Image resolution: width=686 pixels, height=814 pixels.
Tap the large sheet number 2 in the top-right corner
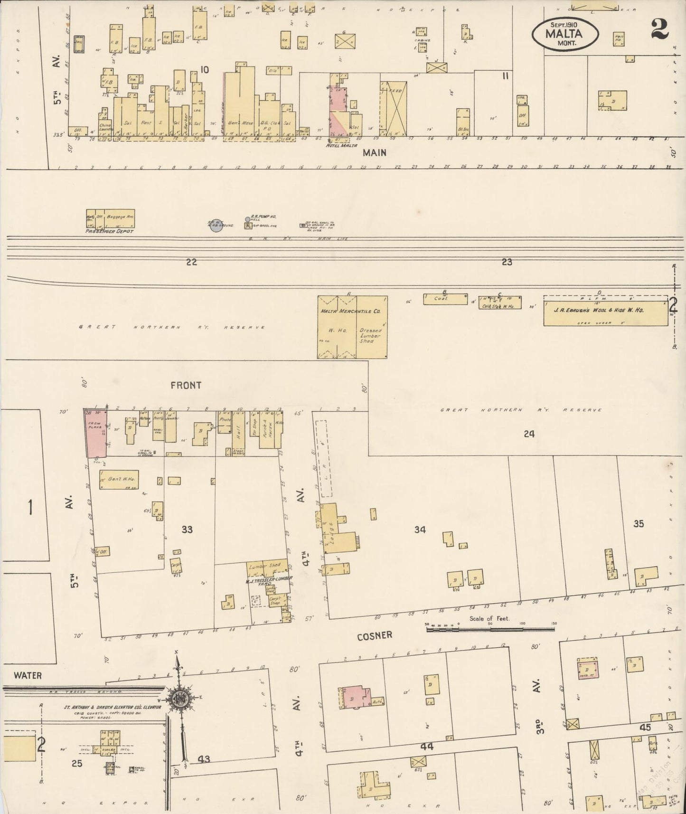659,29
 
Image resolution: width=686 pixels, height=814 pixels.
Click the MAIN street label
375,152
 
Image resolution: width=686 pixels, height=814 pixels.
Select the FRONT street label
186,385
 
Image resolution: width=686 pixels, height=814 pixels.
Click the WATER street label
28,675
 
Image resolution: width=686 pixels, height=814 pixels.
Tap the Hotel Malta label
338,146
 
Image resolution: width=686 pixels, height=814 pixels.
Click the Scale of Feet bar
490,629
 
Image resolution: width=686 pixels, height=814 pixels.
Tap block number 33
187,529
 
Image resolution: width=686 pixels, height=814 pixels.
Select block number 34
420,530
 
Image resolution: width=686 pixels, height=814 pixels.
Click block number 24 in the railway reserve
529,434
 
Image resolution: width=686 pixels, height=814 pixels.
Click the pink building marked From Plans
95,432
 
